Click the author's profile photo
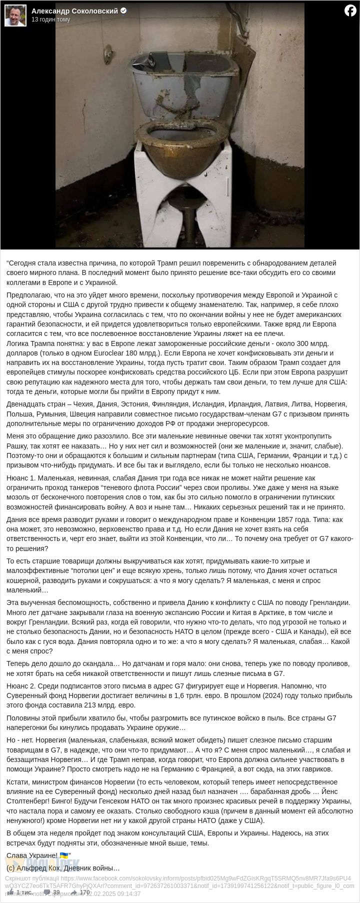[x=15, y=15]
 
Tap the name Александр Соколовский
[x=74, y=11]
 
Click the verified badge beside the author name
[x=123, y=11]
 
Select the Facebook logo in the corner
[x=350, y=10]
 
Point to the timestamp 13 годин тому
[x=50, y=19]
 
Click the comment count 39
[x=56, y=892]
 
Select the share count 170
[x=84, y=892]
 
